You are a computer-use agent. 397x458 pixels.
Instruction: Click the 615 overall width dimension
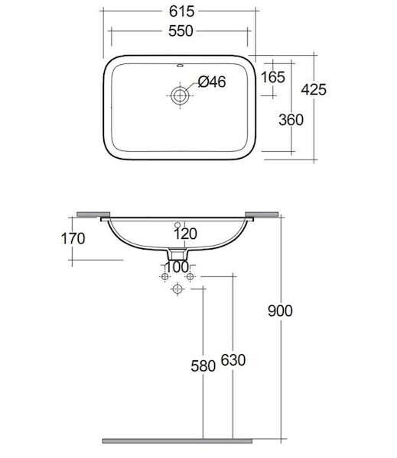point(181,11)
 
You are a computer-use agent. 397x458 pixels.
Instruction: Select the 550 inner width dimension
point(181,31)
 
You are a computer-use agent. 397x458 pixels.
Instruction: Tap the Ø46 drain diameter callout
point(212,82)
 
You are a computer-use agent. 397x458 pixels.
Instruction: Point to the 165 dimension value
point(273,77)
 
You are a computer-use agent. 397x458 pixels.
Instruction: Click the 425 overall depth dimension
point(314,89)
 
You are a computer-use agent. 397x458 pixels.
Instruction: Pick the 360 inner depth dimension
point(291,120)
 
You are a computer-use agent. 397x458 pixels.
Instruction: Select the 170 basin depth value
point(73,238)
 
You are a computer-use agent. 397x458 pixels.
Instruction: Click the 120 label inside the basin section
point(185,234)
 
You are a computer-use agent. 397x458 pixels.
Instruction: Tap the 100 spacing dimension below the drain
point(177,267)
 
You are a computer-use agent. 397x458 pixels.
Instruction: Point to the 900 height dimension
point(280,311)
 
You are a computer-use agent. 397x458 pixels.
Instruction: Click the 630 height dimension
point(233,360)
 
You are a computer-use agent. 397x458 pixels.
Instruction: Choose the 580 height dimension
point(203,366)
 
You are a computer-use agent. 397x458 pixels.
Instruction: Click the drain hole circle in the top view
point(180,95)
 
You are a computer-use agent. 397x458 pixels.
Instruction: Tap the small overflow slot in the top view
point(180,66)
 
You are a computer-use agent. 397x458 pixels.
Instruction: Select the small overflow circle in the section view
point(177,225)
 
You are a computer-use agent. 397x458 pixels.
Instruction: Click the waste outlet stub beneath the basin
point(177,254)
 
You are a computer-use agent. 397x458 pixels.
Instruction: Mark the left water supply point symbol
point(165,276)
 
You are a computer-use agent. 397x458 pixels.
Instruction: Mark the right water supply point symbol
point(190,276)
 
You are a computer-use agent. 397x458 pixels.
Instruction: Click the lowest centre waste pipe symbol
point(177,289)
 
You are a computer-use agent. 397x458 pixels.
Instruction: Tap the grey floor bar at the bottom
point(177,441)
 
